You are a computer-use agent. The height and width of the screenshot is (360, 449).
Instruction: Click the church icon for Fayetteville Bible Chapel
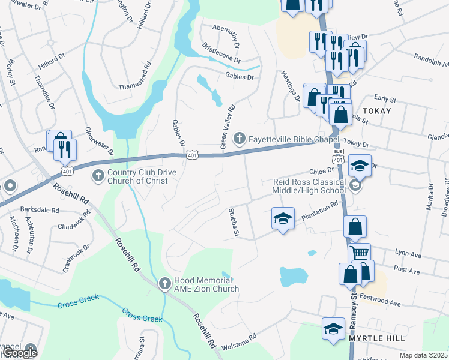tap(239, 139)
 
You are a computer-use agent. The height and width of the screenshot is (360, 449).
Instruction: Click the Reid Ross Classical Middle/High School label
tap(309, 187)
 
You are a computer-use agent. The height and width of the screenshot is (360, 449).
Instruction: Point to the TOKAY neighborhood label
tap(376, 111)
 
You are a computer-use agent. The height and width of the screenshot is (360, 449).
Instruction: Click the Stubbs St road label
tap(234, 223)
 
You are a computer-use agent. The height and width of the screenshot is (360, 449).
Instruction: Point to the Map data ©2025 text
tap(423, 355)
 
